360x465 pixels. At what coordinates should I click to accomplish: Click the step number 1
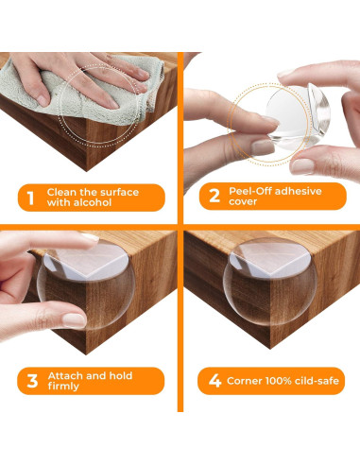(x=30, y=198)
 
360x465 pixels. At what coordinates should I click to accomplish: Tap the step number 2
(x=214, y=196)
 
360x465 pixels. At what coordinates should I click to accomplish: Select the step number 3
(x=32, y=381)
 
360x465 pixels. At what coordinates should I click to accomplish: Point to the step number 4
(x=214, y=381)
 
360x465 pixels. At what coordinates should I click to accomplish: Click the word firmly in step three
(x=63, y=387)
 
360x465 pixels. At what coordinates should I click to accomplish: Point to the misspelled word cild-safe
(x=317, y=381)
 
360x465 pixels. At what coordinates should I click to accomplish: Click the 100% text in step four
(x=279, y=381)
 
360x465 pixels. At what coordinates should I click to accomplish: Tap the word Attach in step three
(x=65, y=375)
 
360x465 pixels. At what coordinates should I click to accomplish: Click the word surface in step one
(x=120, y=192)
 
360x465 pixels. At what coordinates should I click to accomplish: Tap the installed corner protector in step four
(x=269, y=282)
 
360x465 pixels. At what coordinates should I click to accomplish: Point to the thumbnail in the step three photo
(x=74, y=320)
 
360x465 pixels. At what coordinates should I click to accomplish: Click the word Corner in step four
(x=245, y=381)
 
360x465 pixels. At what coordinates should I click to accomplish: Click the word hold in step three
(x=121, y=375)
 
